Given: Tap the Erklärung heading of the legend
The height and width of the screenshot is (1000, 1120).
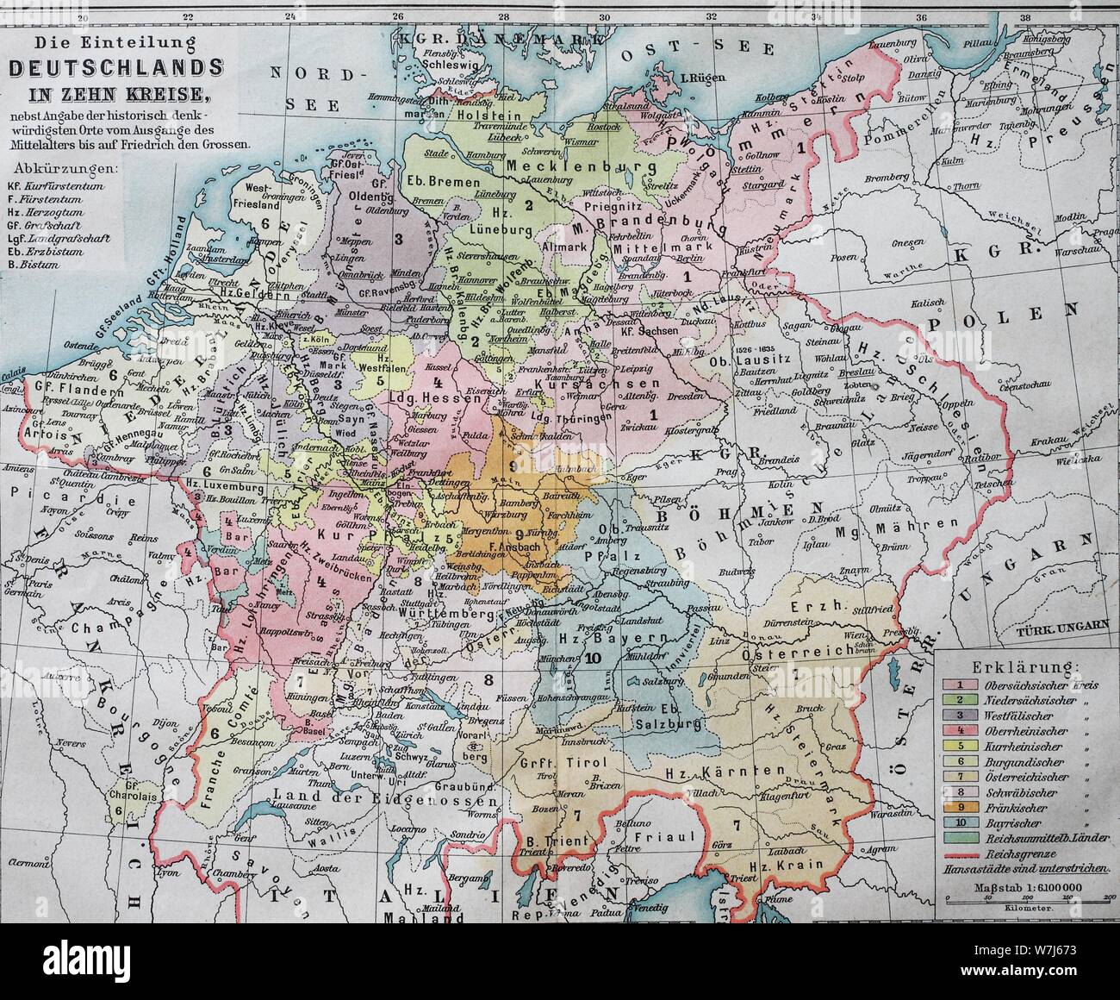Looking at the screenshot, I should (1023, 666).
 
